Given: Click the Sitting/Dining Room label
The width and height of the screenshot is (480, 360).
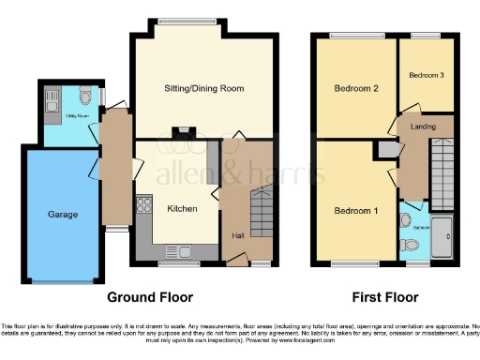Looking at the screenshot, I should (x=203, y=89).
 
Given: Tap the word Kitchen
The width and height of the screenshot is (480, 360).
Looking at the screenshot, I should (x=182, y=208).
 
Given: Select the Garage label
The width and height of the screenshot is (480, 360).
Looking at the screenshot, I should (x=63, y=214).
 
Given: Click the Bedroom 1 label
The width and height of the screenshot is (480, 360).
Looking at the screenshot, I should (x=356, y=211).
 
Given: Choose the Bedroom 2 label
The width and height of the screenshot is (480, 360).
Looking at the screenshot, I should (x=355, y=89).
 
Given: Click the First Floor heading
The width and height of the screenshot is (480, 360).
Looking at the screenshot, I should (x=383, y=297).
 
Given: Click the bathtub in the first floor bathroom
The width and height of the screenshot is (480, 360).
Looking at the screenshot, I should (x=442, y=234).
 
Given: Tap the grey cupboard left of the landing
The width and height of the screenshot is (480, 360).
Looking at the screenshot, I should (x=385, y=148).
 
